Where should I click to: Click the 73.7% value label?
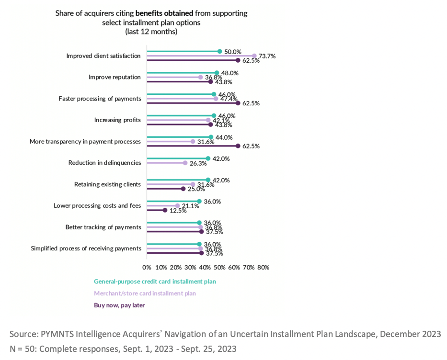point(267,56)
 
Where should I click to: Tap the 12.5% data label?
point(178,210)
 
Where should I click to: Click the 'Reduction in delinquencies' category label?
point(105,163)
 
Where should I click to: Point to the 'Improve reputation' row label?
point(115,77)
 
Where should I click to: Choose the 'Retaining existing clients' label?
point(108,184)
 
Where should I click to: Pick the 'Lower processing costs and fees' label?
point(97,206)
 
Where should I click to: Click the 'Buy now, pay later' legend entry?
point(119,305)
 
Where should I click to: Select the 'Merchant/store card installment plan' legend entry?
point(145,293)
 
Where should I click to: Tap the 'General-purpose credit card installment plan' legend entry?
point(155,281)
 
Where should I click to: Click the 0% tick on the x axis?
point(147,267)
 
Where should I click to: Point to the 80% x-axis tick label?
point(263,267)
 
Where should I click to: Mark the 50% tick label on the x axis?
point(220,267)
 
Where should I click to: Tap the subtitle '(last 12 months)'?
point(151,32)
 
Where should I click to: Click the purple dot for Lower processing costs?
point(165,210)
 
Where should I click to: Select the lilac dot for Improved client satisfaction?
point(254,56)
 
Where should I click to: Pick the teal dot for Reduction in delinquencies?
point(208,158)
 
